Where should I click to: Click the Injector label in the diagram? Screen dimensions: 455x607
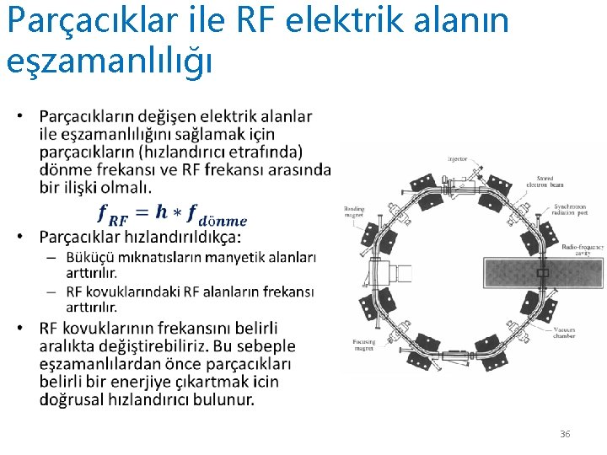[457, 158]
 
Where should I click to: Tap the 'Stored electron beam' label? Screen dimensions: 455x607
[540, 179]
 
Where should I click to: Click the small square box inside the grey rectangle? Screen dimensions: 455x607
[542, 274]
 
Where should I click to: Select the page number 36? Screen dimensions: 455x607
[565, 434]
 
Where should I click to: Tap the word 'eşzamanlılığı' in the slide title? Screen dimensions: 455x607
[108, 60]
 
